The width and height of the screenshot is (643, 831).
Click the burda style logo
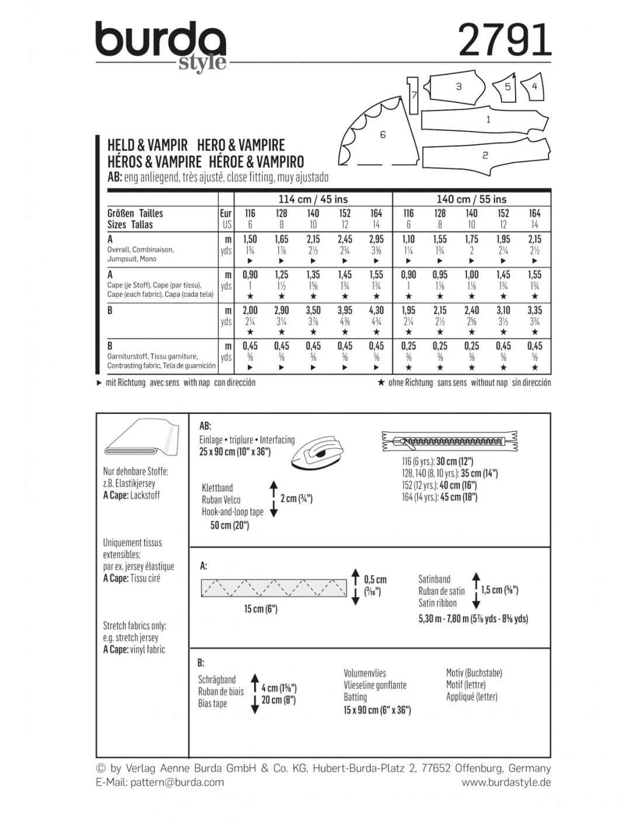pos(161,46)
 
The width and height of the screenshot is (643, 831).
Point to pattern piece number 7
pos(413,95)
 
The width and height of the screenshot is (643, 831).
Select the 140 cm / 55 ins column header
pos(472,199)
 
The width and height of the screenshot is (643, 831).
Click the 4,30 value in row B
pos(376,310)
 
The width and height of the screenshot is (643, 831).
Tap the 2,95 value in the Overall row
pos(376,239)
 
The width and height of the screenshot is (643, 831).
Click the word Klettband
pos(217,487)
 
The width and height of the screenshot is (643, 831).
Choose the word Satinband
pos(434,579)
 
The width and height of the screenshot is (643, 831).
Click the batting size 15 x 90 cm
pos(377,710)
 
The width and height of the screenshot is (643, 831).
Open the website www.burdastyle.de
pos(506,782)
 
